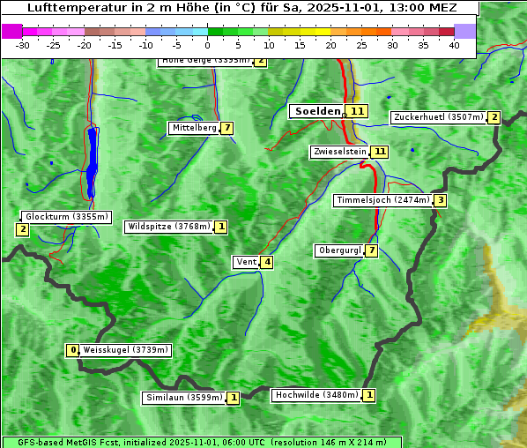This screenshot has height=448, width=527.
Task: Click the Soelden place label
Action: (315, 111)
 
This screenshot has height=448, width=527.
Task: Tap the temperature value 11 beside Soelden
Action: (356, 111)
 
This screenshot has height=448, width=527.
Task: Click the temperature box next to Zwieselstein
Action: (379, 152)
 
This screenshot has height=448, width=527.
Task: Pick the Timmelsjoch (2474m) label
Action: (382, 200)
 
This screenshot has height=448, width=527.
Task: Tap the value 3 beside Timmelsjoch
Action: (440, 200)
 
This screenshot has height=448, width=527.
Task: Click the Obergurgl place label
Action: (338, 250)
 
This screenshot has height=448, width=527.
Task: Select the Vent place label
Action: (245, 262)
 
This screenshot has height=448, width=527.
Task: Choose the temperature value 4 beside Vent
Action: (266, 262)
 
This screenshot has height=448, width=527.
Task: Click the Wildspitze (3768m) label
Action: (169, 227)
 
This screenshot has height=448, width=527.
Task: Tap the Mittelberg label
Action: (194, 128)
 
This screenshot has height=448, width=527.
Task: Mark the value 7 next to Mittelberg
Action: (227, 128)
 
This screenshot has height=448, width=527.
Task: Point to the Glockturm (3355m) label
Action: (66, 216)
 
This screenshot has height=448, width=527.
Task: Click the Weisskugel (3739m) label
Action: (124, 350)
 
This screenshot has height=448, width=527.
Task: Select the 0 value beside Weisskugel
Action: (73, 350)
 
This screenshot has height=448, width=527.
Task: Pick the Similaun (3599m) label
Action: (183, 398)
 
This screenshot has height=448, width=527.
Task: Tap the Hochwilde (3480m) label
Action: (315, 395)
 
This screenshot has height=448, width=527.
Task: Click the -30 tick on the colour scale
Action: (23, 44)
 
